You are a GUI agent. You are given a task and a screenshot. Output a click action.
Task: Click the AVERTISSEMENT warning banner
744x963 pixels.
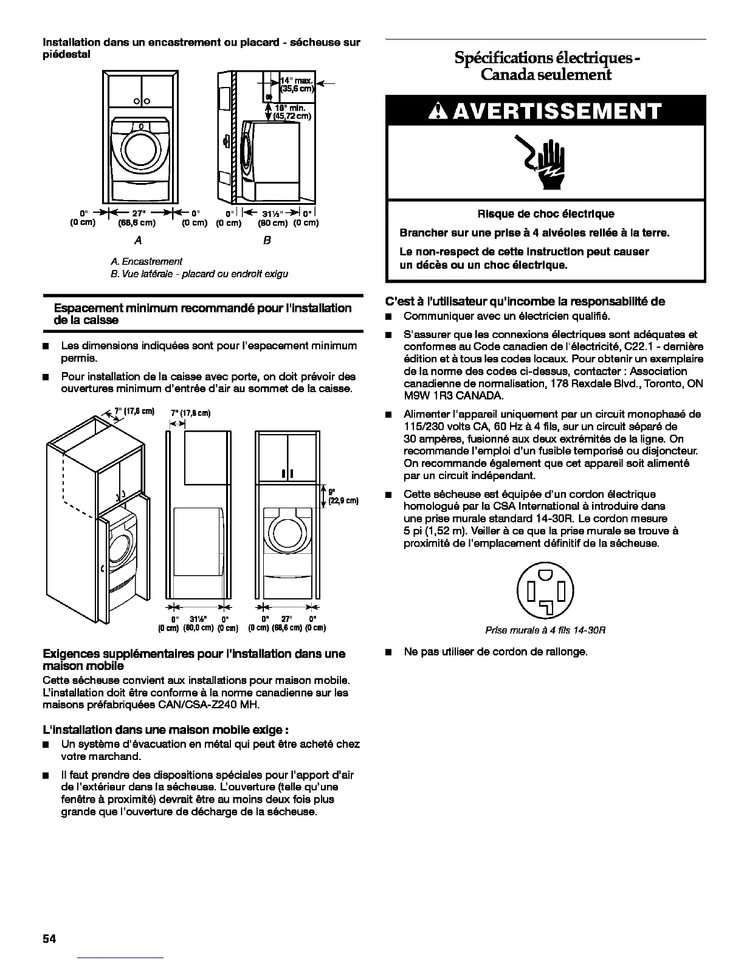pyautogui.click(x=546, y=111)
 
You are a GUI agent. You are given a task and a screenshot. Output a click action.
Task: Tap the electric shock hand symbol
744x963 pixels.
pyautogui.click(x=546, y=161)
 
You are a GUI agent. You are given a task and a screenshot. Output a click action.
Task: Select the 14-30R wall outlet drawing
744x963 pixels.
pyautogui.click(x=545, y=589)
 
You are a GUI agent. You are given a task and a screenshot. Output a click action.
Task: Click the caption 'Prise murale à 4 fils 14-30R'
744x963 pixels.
pyautogui.click(x=545, y=630)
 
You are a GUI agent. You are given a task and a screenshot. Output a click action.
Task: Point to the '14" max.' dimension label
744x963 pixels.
pyautogui.click(x=296, y=80)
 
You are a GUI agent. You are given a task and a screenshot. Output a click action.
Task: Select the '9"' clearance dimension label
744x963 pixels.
pyautogui.click(x=332, y=492)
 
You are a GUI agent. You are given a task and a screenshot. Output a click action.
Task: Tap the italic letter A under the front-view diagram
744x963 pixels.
pyautogui.click(x=139, y=240)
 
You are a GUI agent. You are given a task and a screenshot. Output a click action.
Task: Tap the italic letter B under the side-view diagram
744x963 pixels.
pyautogui.click(x=267, y=240)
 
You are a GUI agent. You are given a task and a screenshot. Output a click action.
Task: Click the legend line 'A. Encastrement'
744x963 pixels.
pyautogui.click(x=146, y=261)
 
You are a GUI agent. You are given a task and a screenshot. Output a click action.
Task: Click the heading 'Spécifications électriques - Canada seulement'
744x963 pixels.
pyautogui.click(x=545, y=66)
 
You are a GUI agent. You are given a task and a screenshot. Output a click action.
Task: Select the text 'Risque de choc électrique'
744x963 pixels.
pyautogui.click(x=545, y=213)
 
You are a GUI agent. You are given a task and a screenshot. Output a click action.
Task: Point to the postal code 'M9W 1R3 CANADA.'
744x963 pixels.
pyautogui.click(x=453, y=396)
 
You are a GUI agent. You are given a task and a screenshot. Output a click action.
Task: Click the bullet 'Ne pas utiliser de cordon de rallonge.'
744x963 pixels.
pyautogui.click(x=495, y=652)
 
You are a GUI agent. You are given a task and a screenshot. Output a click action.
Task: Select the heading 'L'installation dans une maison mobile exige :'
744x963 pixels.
pyautogui.click(x=166, y=730)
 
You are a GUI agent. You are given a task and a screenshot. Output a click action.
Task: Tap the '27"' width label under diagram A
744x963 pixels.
pyautogui.click(x=140, y=213)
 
